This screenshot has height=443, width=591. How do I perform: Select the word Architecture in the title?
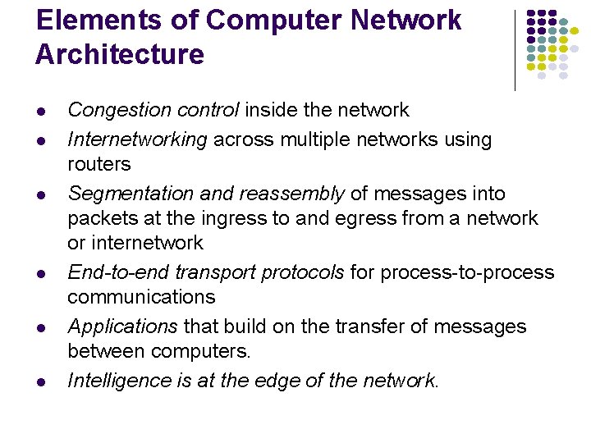point(120,54)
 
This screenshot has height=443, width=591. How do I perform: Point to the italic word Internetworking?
point(137,139)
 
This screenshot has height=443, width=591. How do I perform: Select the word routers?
point(98,164)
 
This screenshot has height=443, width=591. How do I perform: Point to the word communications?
point(141,297)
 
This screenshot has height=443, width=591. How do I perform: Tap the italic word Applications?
point(122,327)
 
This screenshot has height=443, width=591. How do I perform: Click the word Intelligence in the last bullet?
point(119,381)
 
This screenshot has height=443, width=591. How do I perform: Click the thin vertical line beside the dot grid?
point(515,49)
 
